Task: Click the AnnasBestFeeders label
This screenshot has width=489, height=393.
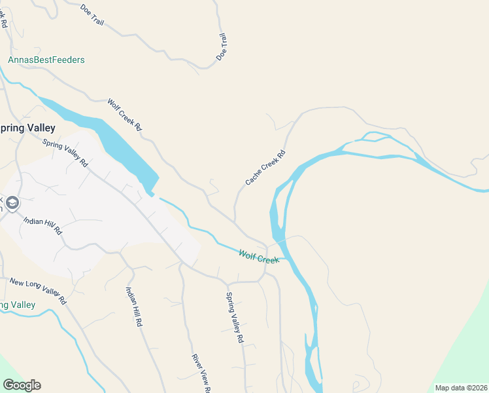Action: [x=46, y=60]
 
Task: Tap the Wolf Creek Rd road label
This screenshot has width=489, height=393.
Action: [x=125, y=115]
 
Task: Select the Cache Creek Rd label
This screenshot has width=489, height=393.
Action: [x=265, y=168]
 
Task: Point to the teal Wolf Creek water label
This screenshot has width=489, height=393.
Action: [x=259, y=256]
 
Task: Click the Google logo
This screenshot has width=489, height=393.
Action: [x=22, y=385]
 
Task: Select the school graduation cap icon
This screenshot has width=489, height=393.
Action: [x=12, y=204]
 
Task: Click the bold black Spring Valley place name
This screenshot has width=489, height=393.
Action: [x=27, y=128]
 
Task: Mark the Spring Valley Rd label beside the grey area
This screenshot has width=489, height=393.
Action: [x=65, y=153]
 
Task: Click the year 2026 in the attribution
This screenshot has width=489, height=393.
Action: [x=476, y=388]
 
